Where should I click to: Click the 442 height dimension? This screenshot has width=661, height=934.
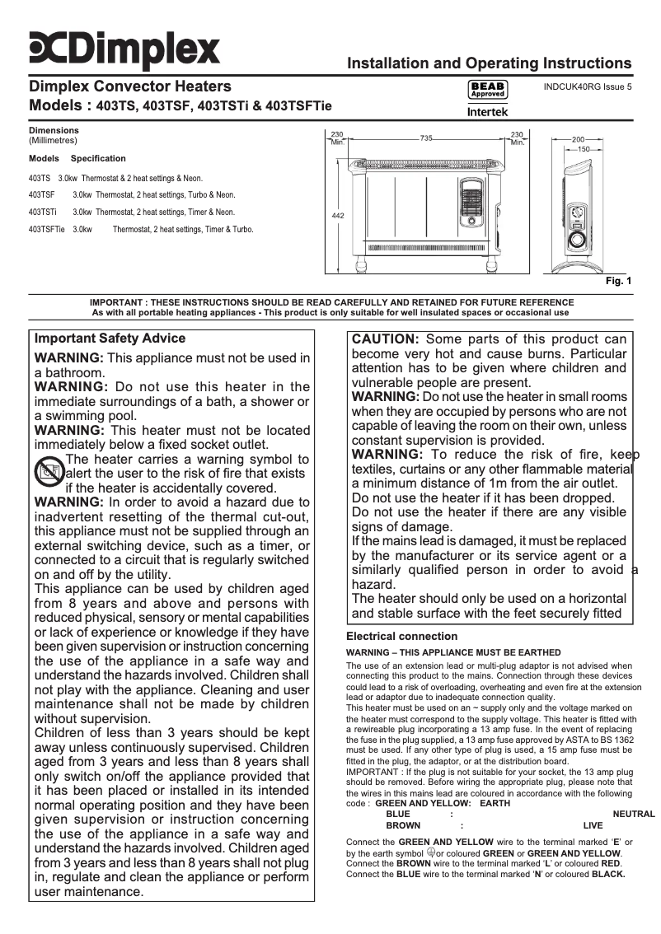pyautogui.click(x=337, y=215)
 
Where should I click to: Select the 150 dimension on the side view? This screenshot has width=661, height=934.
pyautogui.click(x=584, y=149)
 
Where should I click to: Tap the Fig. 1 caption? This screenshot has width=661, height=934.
pyautogui.click(x=618, y=282)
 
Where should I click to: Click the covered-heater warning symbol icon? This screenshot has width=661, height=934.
pyautogui.click(x=49, y=473)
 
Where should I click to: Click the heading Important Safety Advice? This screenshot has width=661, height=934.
pyautogui.click(x=110, y=339)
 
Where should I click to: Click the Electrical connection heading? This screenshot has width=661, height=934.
pyautogui.click(x=401, y=637)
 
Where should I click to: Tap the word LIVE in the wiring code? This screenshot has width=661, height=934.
pyautogui.click(x=593, y=824)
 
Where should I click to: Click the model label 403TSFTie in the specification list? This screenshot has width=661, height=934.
pyautogui.click(x=47, y=230)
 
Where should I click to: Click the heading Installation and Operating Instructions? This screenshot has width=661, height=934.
pyautogui.click(x=490, y=64)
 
